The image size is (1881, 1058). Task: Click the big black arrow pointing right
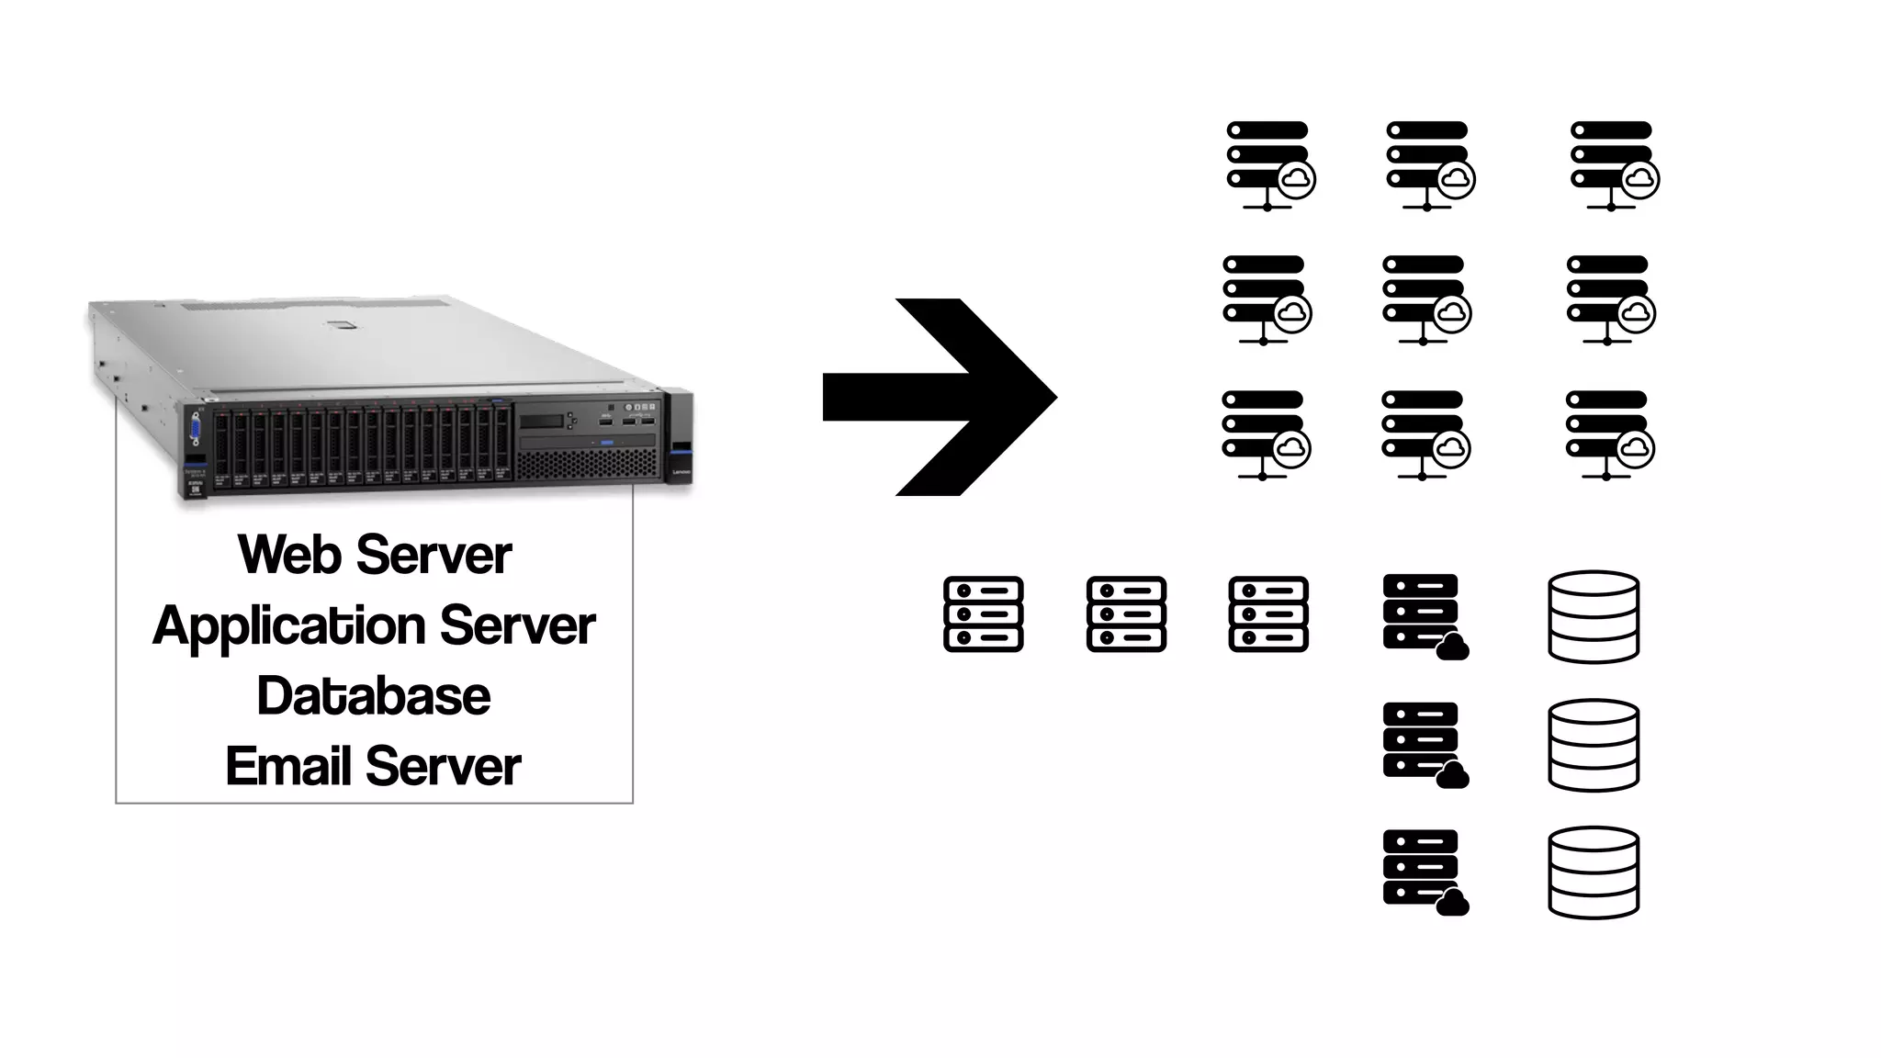[946, 397]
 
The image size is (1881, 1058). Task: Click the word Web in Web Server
[289, 555]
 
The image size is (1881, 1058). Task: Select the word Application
[288, 626]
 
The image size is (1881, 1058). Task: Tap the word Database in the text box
[373, 696]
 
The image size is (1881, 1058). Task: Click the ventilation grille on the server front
[588, 465]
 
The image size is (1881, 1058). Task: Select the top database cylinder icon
[1594, 616]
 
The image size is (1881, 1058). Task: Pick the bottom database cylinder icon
[1594, 872]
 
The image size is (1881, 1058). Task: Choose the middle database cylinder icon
[1594, 744]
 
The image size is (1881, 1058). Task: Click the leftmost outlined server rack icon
[983, 614]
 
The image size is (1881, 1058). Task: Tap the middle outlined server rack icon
[1126, 614]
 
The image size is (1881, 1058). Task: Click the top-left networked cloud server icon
[1269, 165]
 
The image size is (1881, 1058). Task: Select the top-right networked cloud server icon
[1614, 165]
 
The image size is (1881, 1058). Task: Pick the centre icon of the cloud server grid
[1425, 299]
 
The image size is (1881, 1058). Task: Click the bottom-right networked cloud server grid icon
[1609, 435]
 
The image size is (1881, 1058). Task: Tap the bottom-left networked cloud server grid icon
[1266, 435]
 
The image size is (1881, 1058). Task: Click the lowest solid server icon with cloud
[1424, 871]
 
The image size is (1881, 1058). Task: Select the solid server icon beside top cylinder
[1424, 615]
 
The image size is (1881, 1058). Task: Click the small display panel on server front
[542, 422]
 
